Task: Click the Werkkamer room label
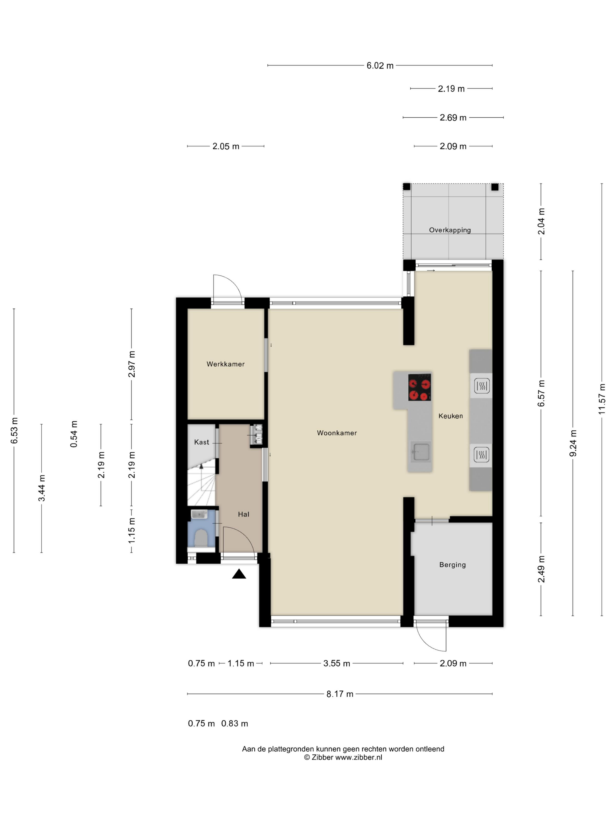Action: (x=225, y=364)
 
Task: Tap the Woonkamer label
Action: (x=337, y=433)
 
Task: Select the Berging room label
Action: (x=452, y=565)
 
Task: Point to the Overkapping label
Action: (x=450, y=230)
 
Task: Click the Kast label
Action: (x=202, y=442)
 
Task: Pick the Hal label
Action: (x=243, y=514)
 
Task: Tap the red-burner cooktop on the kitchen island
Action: (x=419, y=387)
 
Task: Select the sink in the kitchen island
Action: (x=421, y=452)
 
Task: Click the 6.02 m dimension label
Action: (x=380, y=66)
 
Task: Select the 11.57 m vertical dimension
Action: (x=602, y=400)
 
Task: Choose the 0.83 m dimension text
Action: (x=235, y=724)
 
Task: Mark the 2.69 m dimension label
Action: (x=453, y=118)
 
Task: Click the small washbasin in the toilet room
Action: (x=199, y=515)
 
